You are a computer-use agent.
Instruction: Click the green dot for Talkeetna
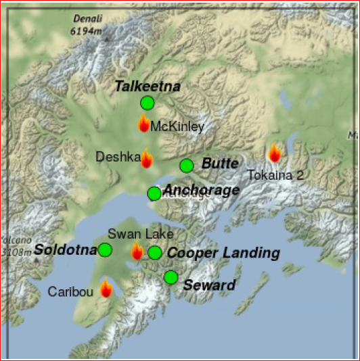(147, 103)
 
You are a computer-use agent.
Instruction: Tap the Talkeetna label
(148, 86)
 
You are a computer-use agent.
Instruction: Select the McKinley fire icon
(143, 123)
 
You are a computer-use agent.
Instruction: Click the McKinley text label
(177, 126)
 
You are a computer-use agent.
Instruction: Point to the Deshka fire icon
(146, 159)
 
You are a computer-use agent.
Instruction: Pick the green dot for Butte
(186, 166)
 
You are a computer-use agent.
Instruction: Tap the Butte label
(220, 164)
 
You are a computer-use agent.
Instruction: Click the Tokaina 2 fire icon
(275, 153)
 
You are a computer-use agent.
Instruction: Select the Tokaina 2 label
(275, 175)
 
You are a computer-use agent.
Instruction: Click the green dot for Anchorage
(154, 193)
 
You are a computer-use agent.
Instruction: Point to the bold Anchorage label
(202, 190)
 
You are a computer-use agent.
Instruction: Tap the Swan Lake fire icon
(137, 251)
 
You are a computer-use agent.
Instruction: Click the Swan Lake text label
(136, 235)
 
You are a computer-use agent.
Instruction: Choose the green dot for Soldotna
(105, 250)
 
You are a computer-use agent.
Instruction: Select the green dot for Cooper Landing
(155, 253)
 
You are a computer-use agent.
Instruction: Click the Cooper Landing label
(223, 253)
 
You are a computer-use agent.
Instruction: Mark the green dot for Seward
(171, 277)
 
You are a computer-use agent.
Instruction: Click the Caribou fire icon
(106, 289)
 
